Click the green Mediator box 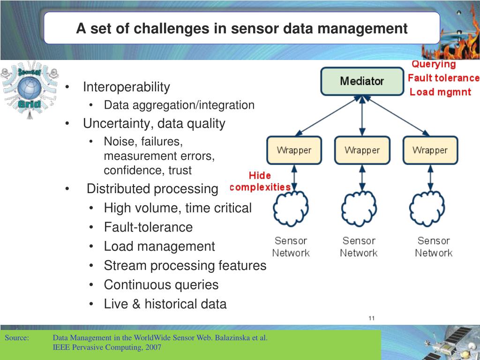point(362,81)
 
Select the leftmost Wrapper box point(294,150)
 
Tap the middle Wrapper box point(362,150)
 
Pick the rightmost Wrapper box point(430,150)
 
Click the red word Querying point(434,65)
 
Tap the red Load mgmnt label point(440,92)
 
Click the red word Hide point(260,176)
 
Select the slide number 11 point(371,319)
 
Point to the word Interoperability point(127,87)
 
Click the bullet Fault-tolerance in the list point(148,227)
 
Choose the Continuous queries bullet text point(161,285)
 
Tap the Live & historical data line point(165,304)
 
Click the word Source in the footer point(17,338)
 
